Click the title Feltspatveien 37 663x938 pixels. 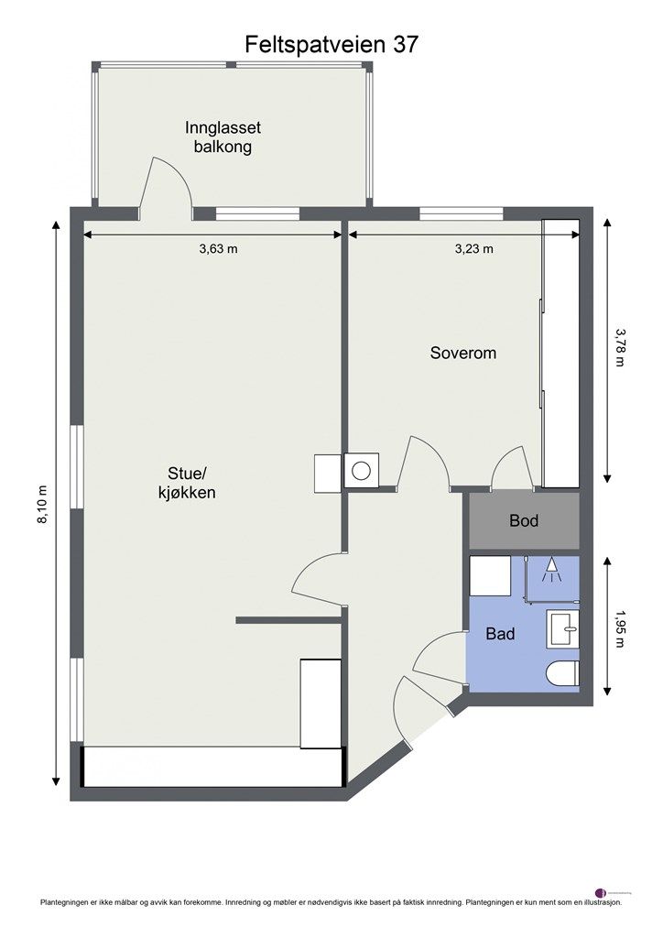[x=331, y=44]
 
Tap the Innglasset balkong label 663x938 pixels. [x=217, y=137]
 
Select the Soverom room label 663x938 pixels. [x=463, y=352]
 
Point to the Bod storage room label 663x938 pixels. [x=524, y=521]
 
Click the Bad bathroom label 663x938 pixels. [x=500, y=633]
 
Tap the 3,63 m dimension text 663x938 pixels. [x=218, y=248]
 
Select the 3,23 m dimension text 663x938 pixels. [x=473, y=248]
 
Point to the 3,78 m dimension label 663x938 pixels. [x=620, y=347]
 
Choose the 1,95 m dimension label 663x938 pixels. [x=620, y=628]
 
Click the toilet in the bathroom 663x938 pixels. [x=561, y=674]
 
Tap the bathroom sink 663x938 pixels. [x=562, y=629]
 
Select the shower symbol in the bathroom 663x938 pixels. [x=550, y=572]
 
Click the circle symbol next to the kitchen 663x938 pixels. [x=361, y=471]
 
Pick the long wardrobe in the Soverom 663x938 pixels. [x=560, y=353]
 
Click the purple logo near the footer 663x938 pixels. [x=601, y=891]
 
